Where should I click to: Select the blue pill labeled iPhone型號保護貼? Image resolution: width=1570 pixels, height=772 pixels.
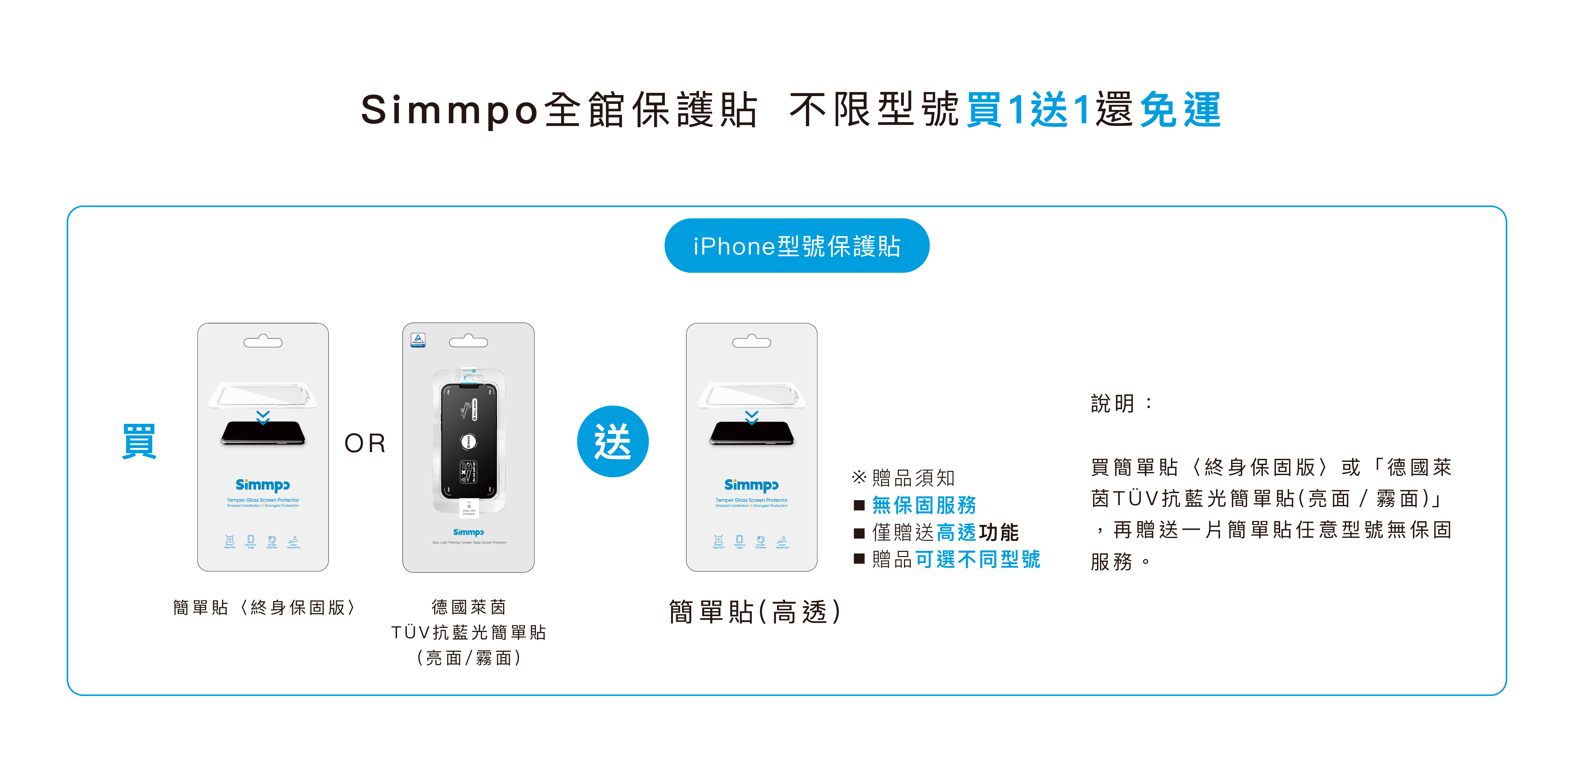[797, 245]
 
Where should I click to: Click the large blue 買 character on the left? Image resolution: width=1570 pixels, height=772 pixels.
[139, 441]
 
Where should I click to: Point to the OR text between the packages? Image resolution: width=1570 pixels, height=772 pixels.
[365, 443]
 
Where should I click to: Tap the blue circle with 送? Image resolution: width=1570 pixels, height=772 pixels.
[613, 441]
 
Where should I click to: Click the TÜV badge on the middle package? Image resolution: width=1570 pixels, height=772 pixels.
[418, 339]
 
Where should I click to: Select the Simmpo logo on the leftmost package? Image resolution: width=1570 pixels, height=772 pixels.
[263, 485]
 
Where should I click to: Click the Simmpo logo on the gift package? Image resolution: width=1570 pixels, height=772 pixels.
[751, 485]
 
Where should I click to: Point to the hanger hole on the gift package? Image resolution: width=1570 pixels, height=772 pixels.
[751, 342]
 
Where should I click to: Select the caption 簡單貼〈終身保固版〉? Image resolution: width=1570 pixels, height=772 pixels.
[264, 608]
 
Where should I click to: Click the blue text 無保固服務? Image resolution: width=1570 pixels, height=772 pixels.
[924, 505]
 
